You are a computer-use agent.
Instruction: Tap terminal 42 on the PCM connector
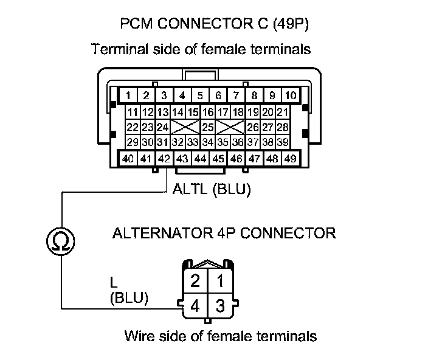[164, 159]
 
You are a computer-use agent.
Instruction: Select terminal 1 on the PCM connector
[129, 95]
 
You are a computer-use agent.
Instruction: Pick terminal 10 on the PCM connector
[291, 95]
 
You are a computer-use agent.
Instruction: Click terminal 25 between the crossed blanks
[207, 127]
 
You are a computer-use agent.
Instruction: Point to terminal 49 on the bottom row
[291, 159]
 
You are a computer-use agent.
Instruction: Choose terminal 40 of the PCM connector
[128, 159]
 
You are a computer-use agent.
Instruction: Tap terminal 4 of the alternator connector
[195, 305]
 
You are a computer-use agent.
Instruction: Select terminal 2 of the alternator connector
[195, 281]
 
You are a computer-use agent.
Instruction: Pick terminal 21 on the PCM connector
[283, 112]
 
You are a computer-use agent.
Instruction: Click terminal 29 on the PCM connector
[133, 142]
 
